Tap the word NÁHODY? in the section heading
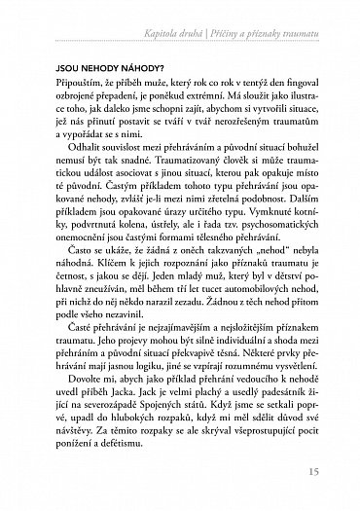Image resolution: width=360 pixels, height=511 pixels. [125, 72]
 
